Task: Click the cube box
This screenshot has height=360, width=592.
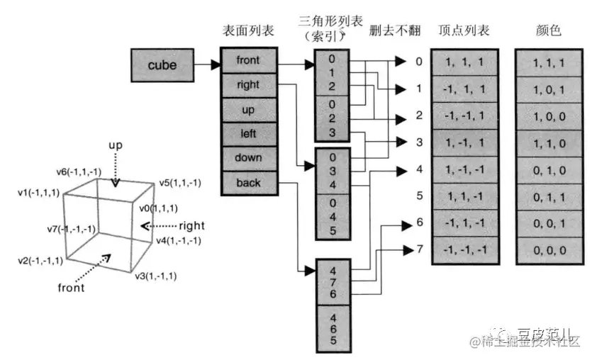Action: point(162,66)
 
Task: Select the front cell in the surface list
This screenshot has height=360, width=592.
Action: point(248,60)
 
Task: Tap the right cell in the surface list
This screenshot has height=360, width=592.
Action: point(248,85)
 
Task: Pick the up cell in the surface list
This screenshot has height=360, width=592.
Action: point(248,110)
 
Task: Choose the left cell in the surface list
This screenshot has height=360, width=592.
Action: point(248,134)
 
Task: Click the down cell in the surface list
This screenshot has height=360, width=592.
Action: point(248,158)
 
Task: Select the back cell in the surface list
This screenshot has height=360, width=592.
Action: point(248,183)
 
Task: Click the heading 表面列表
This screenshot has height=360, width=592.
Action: point(247,31)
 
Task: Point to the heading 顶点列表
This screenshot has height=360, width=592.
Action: point(464,31)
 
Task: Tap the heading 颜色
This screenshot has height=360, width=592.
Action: point(548,31)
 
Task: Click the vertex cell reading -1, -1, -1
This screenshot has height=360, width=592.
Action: point(465,249)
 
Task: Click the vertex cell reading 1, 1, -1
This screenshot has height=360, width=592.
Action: point(465,196)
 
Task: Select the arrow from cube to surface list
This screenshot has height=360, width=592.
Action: point(206,66)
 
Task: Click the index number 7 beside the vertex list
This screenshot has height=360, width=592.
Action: point(419,249)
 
